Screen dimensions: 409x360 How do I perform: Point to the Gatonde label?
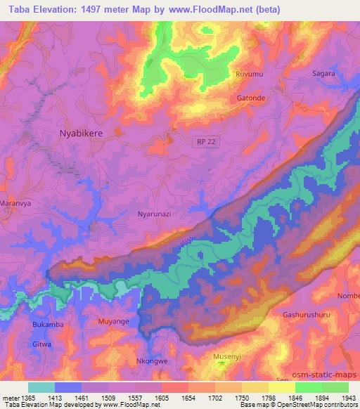[x=251, y=98]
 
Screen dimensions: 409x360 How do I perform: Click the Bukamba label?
[x=48, y=325]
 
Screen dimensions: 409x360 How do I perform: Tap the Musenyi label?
[x=228, y=356]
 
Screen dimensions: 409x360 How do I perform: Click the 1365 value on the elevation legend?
[x=24, y=398]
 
